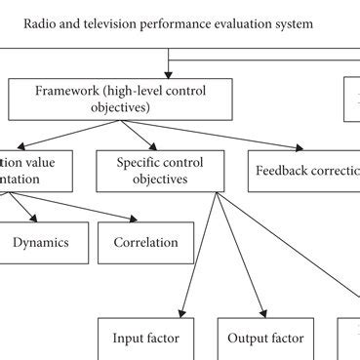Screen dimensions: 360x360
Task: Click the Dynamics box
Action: [40, 242]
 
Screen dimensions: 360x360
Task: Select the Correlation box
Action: [144, 242]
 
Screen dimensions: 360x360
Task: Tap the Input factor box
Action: [144, 338]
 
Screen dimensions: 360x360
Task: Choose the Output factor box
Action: [265, 338]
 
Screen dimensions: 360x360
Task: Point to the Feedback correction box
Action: [302, 170]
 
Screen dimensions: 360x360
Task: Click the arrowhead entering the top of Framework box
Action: [168, 74]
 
